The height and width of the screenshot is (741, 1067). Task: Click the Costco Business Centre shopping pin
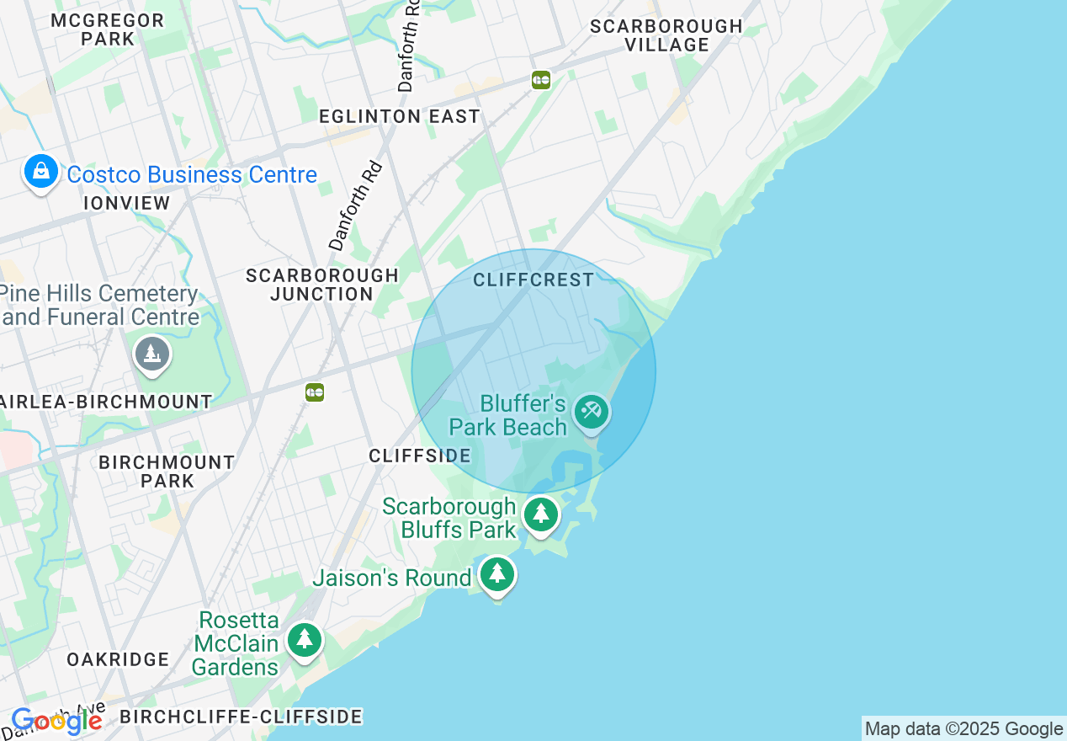tap(40, 172)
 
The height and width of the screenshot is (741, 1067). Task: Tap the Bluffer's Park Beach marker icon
tap(592, 412)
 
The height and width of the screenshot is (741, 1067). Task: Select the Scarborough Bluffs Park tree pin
tap(540, 514)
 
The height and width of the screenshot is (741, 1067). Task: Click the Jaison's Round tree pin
tap(497, 574)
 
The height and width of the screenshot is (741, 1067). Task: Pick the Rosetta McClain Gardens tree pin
tap(305, 640)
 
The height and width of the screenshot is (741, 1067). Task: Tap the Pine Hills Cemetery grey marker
tap(152, 354)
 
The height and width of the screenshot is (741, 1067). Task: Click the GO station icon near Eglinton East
tap(541, 80)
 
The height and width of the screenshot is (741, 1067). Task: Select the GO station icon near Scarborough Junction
tap(315, 392)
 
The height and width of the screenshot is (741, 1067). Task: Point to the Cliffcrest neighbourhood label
tap(533, 280)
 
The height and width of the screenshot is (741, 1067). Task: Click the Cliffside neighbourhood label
tap(420, 456)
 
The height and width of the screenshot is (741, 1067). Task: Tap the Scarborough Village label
tap(666, 35)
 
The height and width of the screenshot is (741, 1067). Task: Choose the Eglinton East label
tap(400, 116)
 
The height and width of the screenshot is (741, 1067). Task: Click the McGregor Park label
tap(107, 29)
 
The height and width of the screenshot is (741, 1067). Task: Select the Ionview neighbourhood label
tap(127, 203)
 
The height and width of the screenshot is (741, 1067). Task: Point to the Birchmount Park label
tap(167, 472)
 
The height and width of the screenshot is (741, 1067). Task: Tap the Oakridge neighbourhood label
tap(118, 659)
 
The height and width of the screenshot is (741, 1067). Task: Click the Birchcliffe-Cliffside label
tap(241, 717)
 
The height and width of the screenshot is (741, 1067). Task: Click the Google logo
tap(57, 721)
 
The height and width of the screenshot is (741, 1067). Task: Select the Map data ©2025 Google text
tap(963, 729)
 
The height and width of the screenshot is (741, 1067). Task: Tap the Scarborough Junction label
tap(322, 285)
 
